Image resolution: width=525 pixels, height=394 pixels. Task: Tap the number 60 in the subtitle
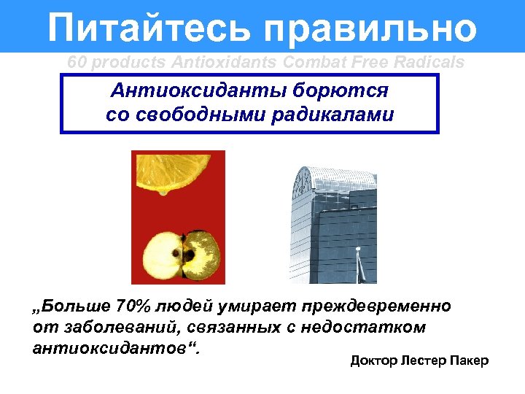click(x=76, y=63)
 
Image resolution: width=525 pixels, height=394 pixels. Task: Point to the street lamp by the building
click(x=358, y=263)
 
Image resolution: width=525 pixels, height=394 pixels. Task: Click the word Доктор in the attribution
click(x=371, y=361)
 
